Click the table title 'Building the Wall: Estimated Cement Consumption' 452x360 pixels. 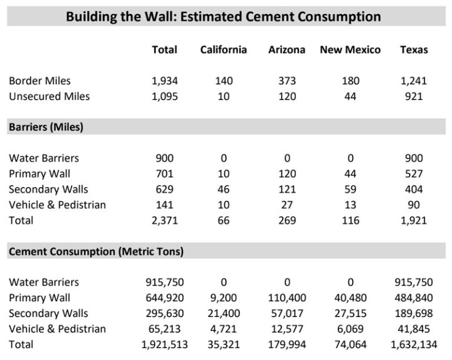(x=223, y=16)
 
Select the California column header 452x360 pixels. (x=223, y=50)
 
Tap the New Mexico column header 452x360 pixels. (x=350, y=50)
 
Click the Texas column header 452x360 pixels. (x=414, y=50)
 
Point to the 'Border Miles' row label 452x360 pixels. (x=39, y=81)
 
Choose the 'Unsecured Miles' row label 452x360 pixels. (x=49, y=96)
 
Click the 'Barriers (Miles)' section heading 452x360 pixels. (x=45, y=127)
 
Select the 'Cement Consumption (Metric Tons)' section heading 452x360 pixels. (x=96, y=251)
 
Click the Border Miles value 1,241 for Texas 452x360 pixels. (x=414, y=81)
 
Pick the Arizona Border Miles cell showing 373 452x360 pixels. (x=287, y=81)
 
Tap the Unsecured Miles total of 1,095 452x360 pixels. (x=165, y=96)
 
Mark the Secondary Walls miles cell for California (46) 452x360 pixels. (x=223, y=189)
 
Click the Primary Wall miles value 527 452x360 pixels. (x=414, y=174)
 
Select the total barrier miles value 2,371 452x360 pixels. (x=165, y=221)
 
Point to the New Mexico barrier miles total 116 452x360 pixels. (x=350, y=221)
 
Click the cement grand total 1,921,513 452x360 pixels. (x=165, y=345)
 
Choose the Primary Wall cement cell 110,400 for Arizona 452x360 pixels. (x=287, y=298)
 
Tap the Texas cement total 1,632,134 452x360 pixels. (x=414, y=345)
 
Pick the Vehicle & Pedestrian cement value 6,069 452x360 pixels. (x=350, y=329)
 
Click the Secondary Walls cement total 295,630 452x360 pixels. (x=165, y=314)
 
